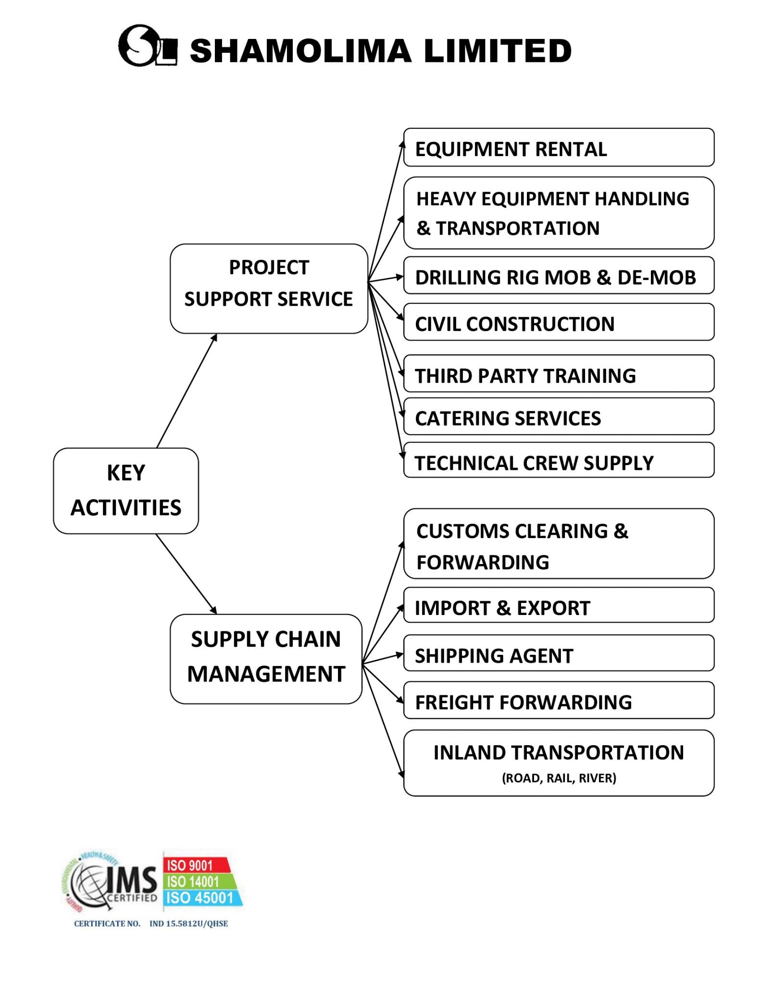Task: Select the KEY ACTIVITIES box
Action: coord(126,491)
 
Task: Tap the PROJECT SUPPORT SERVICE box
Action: coord(269,288)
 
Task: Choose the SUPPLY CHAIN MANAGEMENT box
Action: coord(266,658)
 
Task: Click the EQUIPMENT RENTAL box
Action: coord(559,148)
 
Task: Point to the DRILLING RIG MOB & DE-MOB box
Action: coord(559,276)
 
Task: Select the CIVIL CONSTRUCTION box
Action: coord(559,322)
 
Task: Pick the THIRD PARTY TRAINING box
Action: coord(559,374)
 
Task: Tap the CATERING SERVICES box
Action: coord(559,417)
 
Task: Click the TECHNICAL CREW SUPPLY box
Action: coord(559,461)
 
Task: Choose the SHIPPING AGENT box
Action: coord(559,654)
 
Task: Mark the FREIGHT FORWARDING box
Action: coord(559,701)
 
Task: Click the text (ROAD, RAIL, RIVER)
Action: coord(559,778)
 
